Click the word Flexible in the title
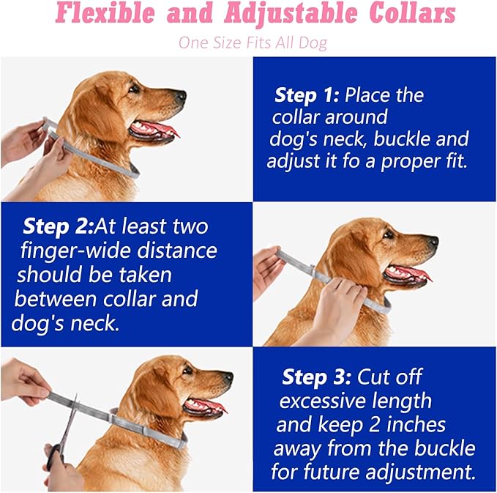[x=105, y=13]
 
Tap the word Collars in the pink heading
[x=412, y=13]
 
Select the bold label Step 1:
[x=307, y=95]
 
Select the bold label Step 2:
[x=59, y=226]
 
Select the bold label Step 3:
[x=317, y=377]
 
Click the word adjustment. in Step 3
[x=421, y=472]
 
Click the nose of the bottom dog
[x=228, y=377]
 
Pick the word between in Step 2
[x=55, y=299]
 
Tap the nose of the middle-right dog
[x=433, y=241]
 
